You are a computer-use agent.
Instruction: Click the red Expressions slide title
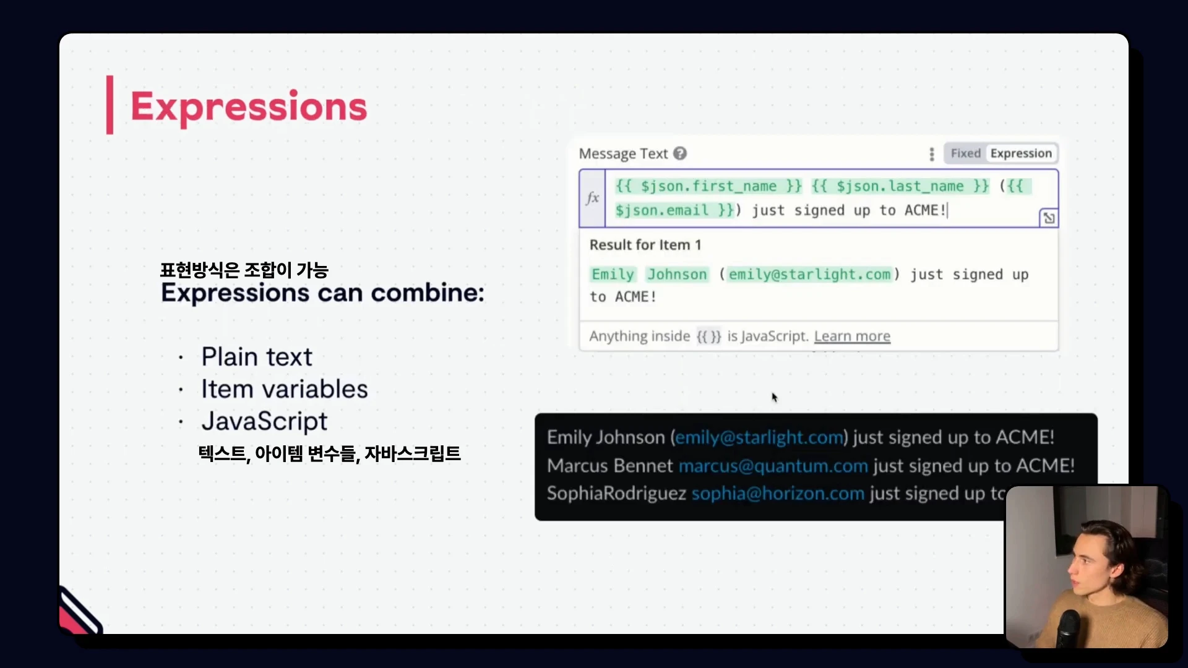tap(248, 106)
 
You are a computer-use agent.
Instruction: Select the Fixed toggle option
tap(965, 153)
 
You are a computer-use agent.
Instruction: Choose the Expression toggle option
tap(1021, 153)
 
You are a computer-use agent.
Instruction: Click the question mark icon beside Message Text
tap(680, 153)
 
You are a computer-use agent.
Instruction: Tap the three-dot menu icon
tap(932, 154)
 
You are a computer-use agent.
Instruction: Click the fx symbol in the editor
tap(593, 198)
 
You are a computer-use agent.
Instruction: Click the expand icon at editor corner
tap(1049, 218)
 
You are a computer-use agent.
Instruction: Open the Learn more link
tap(852, 336)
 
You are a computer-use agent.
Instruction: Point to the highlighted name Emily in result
tap(613, 275)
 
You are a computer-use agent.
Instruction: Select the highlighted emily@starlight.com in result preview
tap(809, 275)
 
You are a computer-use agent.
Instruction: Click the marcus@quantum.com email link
tap(773, 466)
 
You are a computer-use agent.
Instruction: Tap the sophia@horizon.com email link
tap(778, 494)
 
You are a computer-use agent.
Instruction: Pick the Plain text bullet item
tap(257, 357)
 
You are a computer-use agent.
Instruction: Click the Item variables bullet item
tap(285, 389)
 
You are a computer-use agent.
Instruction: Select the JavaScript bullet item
tap(264, 422)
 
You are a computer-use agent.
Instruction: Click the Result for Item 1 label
tap(645, 245)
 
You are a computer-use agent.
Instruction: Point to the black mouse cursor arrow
tap(774, 397)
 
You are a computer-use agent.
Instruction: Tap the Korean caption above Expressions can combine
tap(244, 270)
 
